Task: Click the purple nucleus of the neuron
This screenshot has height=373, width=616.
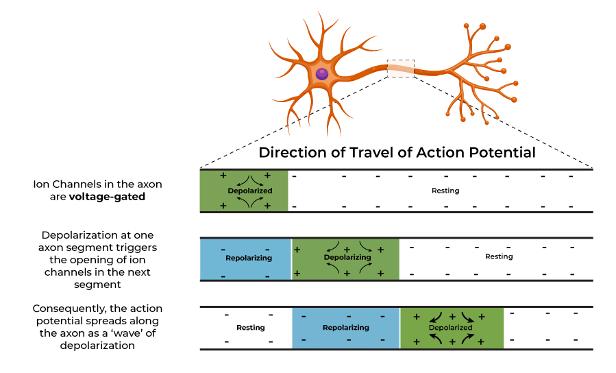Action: tap(321, 74)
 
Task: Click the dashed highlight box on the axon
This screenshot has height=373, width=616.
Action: tap(401, 68)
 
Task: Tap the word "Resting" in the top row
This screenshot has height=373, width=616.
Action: tap(445, 191)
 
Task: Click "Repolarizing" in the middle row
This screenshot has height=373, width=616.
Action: tap(249, 258)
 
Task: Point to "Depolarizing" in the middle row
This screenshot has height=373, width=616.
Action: tap(347, 258)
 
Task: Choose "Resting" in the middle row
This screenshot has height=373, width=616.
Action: tap(499, 256)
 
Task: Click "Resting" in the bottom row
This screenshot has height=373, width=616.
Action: tap(250, 328)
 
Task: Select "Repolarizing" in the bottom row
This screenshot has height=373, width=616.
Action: tap(346, 328)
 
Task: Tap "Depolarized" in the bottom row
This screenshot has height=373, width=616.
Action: tap(451, 328)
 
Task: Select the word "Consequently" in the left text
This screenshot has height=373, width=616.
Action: tap(74, 309)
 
